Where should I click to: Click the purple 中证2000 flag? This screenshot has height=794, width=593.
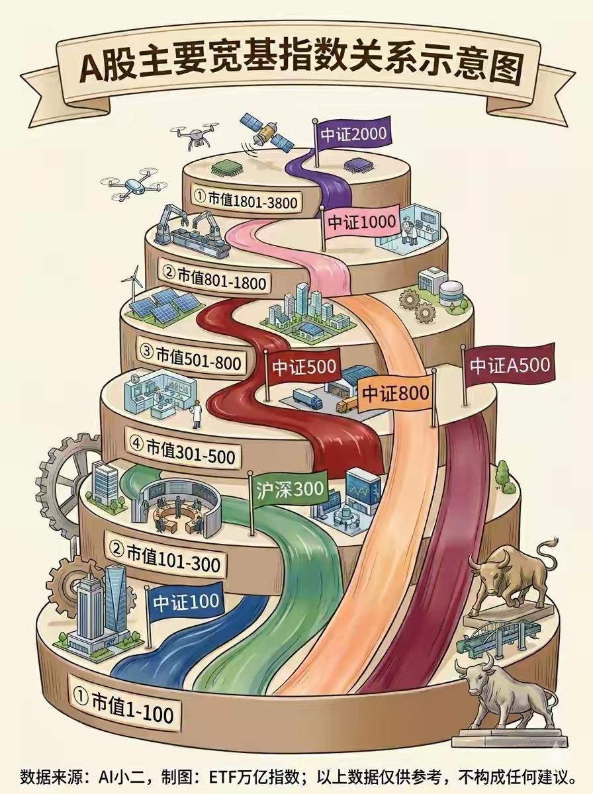[x=353, y=134]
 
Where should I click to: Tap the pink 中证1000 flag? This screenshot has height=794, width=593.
[x=362, y=222]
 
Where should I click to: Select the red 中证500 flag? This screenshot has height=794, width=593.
[x=304, y=367]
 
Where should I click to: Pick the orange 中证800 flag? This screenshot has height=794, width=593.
[x=396, y=393]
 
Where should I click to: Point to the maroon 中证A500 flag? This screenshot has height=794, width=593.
[x=509, y=366]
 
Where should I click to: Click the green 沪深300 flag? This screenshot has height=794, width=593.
[x=289, y=490]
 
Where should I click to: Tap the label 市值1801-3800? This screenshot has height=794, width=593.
[x=246, y=199]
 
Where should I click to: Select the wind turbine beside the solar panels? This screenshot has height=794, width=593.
[x=134, y=284]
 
